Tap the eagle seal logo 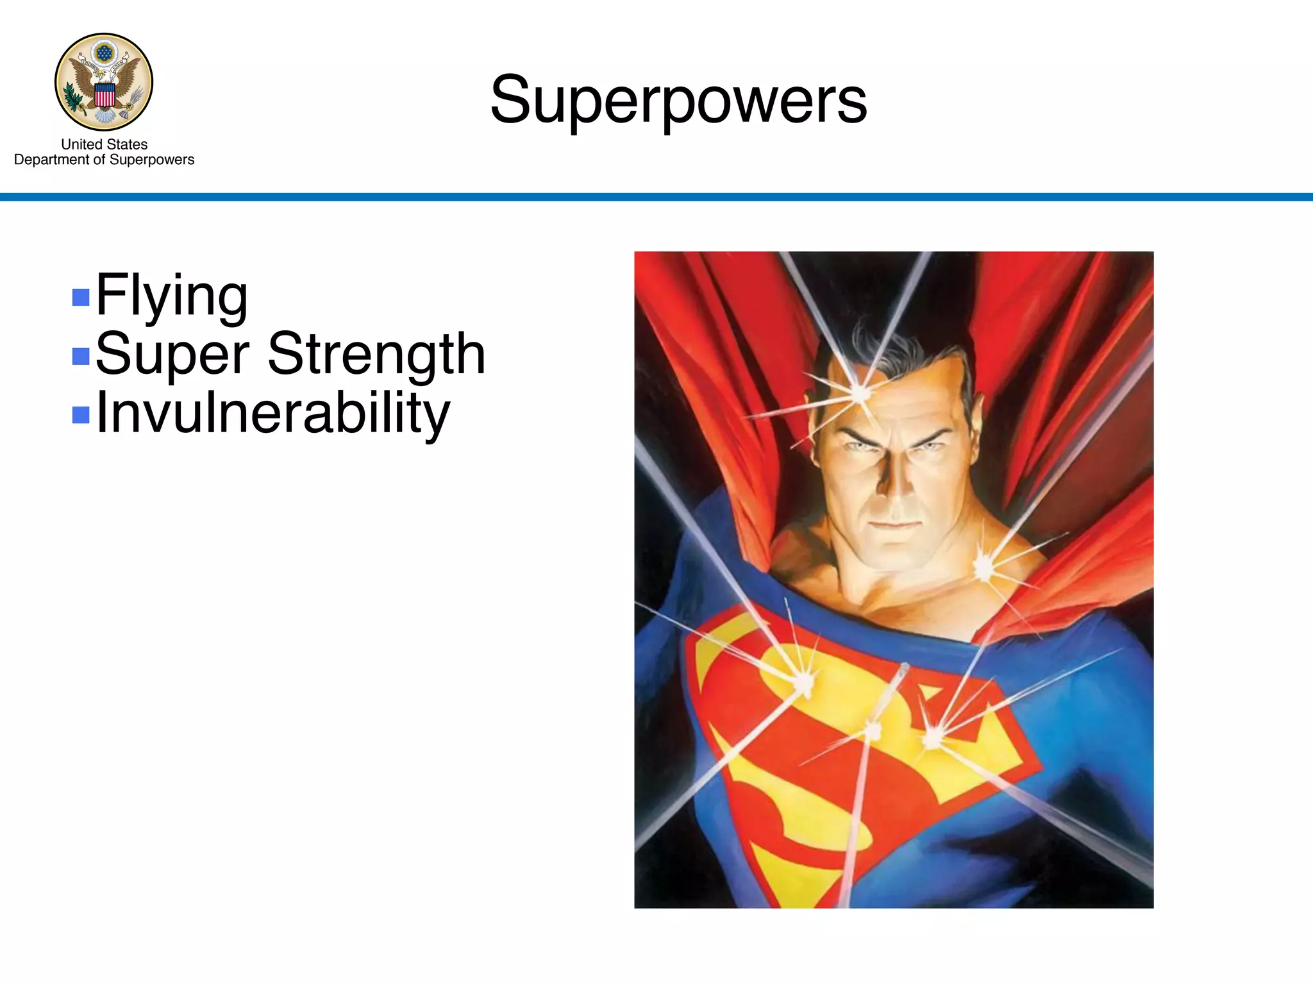104,81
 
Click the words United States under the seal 104,144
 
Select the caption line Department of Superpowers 104,160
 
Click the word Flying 171,296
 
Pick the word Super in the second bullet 172,355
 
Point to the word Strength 376,355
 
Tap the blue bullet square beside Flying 81,297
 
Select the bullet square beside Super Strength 81,356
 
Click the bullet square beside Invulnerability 81,415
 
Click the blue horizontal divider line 656,197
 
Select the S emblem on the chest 859,737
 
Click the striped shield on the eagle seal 105,95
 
